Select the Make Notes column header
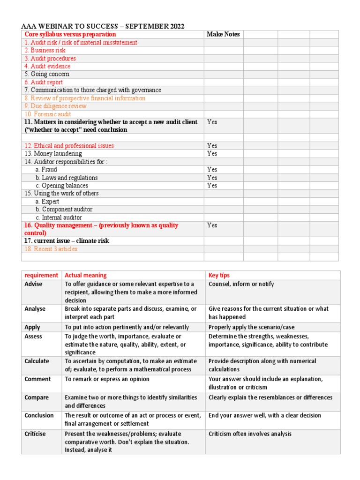(x=223, y=34)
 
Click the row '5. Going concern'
(x=47, y=74)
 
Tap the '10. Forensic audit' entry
(x=49, y=114)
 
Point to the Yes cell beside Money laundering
(x=212, y=153)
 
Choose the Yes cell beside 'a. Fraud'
(x=212, y=169)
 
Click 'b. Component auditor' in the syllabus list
(x=64, y=210)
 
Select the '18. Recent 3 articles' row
(x=51, y=249)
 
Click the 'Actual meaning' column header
(x=86, y=275)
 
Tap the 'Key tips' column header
(x=219, y=275)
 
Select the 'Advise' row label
(x=33, y=284)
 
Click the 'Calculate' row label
(x=37, y=361)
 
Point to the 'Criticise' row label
(x=35, y=434)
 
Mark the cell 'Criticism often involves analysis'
(x=250, y=434)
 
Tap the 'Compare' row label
(x=37, y=397)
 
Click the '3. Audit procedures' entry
(x=50, y=58)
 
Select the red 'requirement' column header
(x=41, y=275)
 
